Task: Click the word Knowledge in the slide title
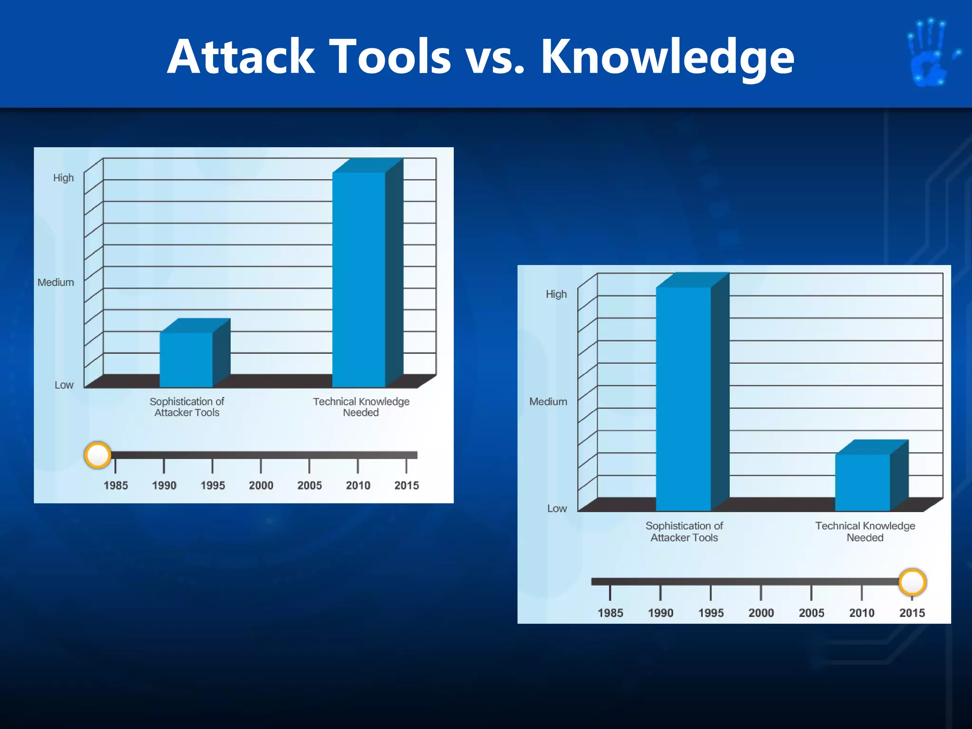[x=667, y=58]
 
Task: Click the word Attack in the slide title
[x=241, y=57]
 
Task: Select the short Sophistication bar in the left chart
[x=186, y=359]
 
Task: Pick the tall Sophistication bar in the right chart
[x=683, y=399]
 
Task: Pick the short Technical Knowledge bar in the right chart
[x=862, y=482]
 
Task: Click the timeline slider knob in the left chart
[x=98, y=455]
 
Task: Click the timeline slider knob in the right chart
[x=912, y=582]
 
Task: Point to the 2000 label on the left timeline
[x=261, y=486]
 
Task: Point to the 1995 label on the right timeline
[x=710, y=613]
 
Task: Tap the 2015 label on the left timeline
[x=407, y=486]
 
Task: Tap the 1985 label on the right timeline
[x=610, y=613]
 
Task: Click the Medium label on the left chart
[x=56, y=282]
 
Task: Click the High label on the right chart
[x=556, y=294]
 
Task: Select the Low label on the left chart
[x=64, y=385]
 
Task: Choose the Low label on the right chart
[x=557, y=508]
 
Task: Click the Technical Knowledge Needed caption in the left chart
[x=361, y=407]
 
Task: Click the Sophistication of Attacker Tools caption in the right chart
[x=684, y=532]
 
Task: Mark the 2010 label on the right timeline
[x=861, y=613]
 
